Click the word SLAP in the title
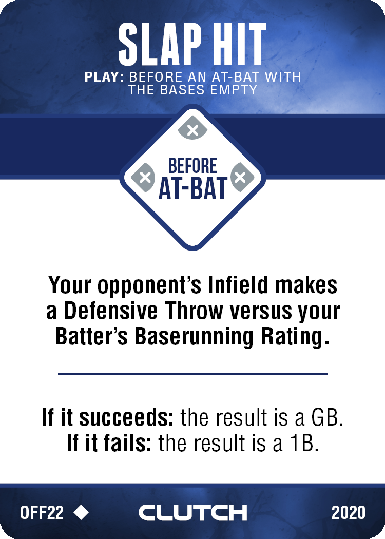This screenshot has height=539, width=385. [160, 45]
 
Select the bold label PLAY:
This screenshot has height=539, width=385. [104, 76]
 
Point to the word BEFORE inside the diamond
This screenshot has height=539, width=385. [192, 166]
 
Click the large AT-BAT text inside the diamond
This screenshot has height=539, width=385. [192, 188]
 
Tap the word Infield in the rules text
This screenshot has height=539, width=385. [238, 285]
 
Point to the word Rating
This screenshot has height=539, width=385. [293, 337]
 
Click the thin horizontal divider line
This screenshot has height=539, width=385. [192, 373]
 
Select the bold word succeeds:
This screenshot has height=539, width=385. [126, 417]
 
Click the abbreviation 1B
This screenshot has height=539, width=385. [304, 444]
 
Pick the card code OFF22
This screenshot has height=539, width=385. [42, 512]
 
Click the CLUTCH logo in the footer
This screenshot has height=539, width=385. [192, 512]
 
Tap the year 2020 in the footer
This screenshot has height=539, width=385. [348, 512]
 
